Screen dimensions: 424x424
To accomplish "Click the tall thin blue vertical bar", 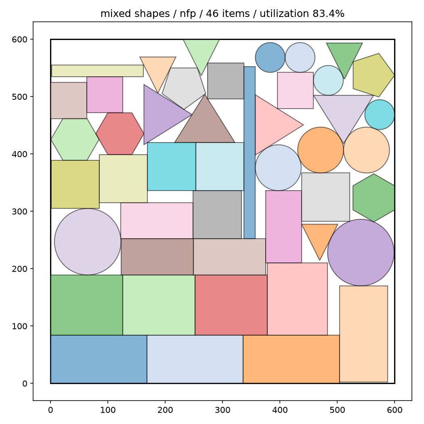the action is (x=250, y=153).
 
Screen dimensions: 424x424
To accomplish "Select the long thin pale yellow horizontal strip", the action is (x=97, y=71).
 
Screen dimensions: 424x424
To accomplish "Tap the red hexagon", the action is (x=120, y=134).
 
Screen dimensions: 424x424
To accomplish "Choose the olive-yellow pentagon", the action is (x=373, y=75).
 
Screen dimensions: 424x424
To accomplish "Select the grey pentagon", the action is (x=184, y=87).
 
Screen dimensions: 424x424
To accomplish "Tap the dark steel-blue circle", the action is (x=270, y=57).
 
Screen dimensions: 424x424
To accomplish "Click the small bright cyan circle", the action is (x=380, y=115).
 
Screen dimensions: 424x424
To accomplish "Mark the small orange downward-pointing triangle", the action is (x=320, y=238).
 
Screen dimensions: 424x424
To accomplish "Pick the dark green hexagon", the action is (x=374, y=198).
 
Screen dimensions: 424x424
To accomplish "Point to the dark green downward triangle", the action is (x=344, y=57).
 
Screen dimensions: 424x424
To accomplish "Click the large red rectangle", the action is (x=231, y=305).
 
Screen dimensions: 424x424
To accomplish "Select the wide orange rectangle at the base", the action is (x=291, y=359).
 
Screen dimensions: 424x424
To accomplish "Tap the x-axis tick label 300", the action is (x=222, y=410).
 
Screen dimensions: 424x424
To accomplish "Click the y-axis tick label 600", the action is (x=19, y=40).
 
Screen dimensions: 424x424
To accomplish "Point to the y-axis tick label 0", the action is (x=25, y=384).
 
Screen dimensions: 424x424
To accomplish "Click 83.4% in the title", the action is (x=328, y=13).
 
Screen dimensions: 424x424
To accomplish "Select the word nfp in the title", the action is (x=188, y=14).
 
